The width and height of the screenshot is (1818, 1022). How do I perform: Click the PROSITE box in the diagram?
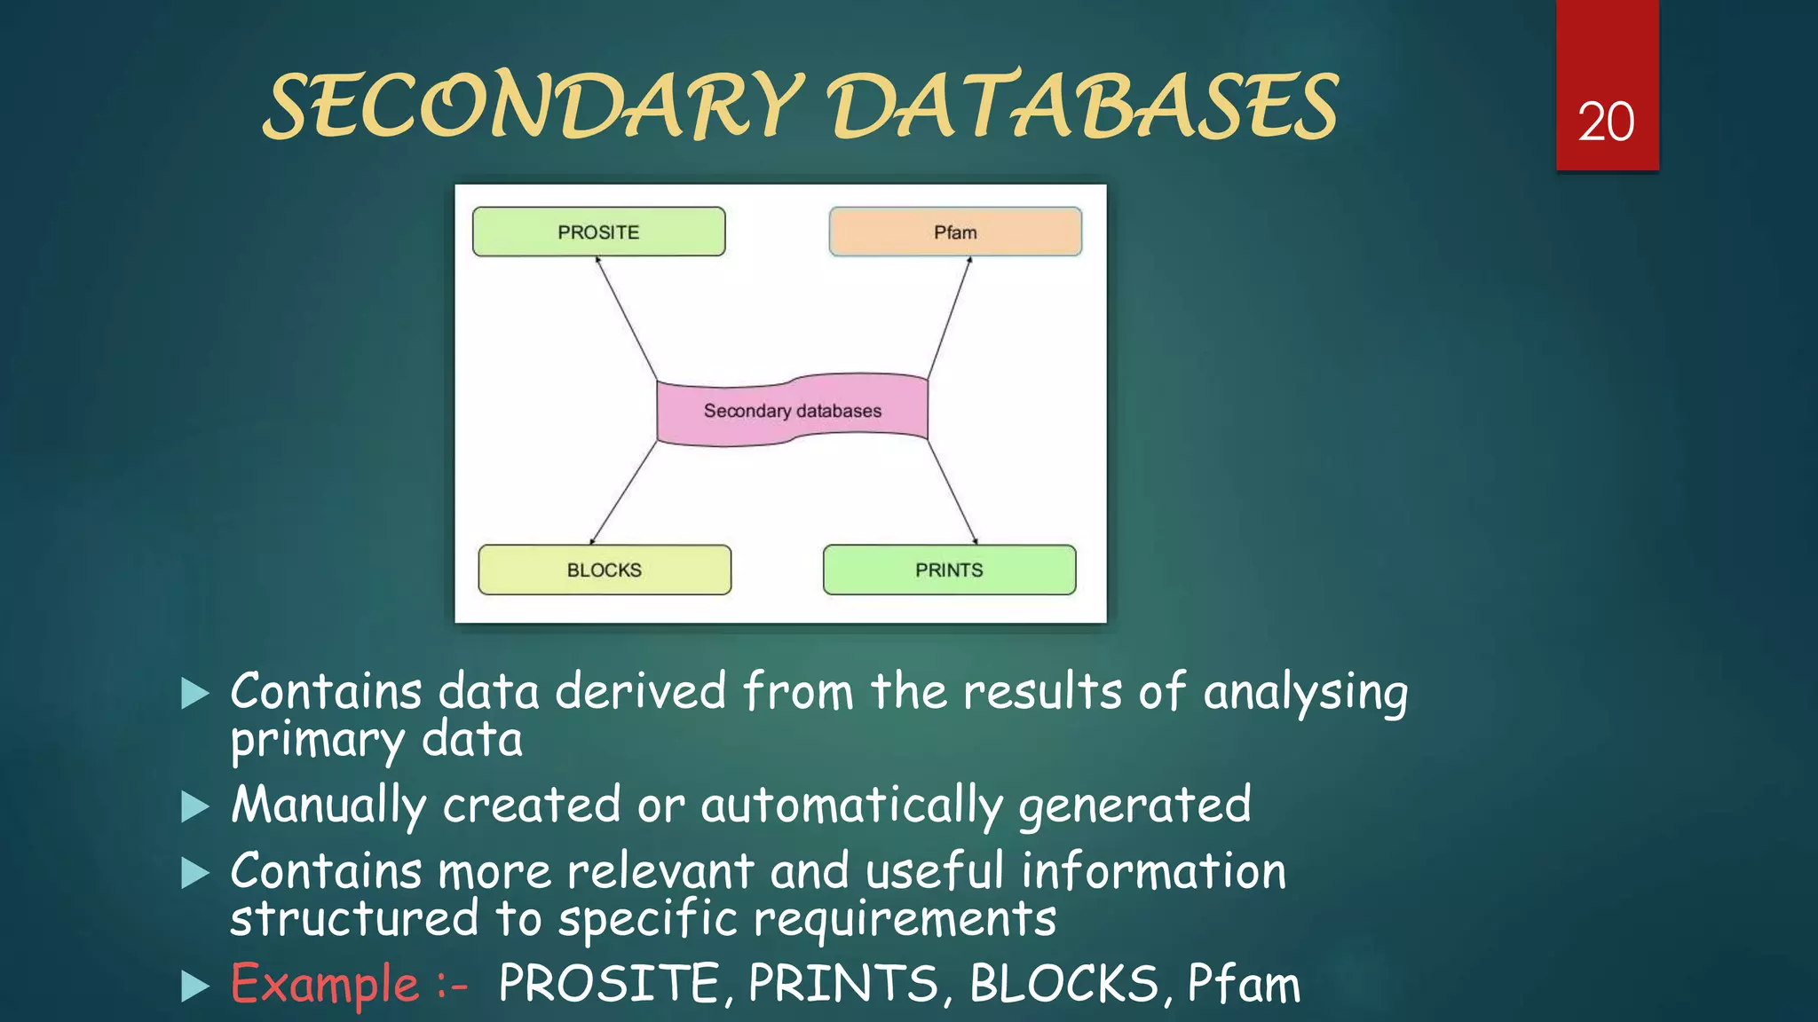pyautogui.click(x=598, y=232)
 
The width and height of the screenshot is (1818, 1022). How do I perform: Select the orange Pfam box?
pyautogui.click(x=955, y=232)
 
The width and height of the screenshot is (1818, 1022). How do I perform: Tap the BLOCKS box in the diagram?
pyautogui.click(x=605, y=570)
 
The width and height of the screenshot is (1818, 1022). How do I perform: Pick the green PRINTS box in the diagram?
pyautogui.click(x=949, y=570)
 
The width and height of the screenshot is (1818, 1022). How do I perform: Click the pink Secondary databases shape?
pyautogui.click(x=792, y=411)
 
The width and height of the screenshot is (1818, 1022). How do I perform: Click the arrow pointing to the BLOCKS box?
pyautogui.click(x=624, y=492)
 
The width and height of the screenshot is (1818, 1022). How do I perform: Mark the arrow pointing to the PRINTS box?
pyautogui.click(x=952, y=491)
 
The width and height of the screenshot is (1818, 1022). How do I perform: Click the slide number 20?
pyautogui.click(x=1606, y=122)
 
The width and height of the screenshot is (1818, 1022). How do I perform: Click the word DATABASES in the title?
pyautogui.click(x=1083, y=106)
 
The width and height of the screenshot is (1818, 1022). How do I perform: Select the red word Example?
pyautogui.click(x=325, y=984)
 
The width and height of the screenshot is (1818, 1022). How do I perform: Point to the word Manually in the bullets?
pyautogui.click(x=328, y=806)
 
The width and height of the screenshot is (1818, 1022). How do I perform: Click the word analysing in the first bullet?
pyautogui.click(x=1305, y=693)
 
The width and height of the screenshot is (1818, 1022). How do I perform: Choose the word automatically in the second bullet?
pyautogui.click(x=851, y=806)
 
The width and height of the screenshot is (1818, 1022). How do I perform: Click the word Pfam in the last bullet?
pyautogui.click(x=1244, y=984)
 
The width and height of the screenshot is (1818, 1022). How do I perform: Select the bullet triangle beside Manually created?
pyautogui.click(x=194, y=807)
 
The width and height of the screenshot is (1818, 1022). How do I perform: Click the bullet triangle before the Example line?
pyautogui.click(x=194, y=986)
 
